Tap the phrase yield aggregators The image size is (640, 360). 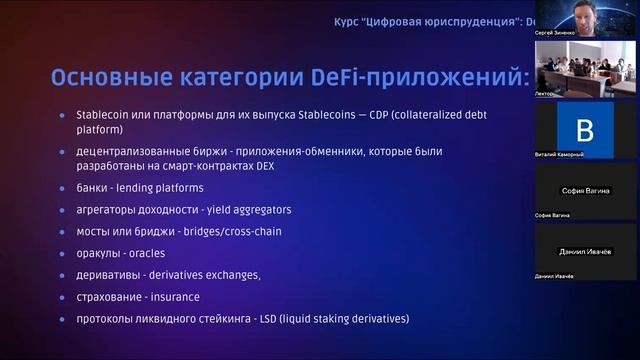[x=250, y=210]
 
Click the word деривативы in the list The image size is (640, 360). [x=107, y=275]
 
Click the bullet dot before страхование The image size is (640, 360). [x=62, y=297]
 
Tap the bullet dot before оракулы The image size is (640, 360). [x=62, y=254]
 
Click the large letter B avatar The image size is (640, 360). [x=585, y=129]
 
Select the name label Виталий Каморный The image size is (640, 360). [x=559, y=155]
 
